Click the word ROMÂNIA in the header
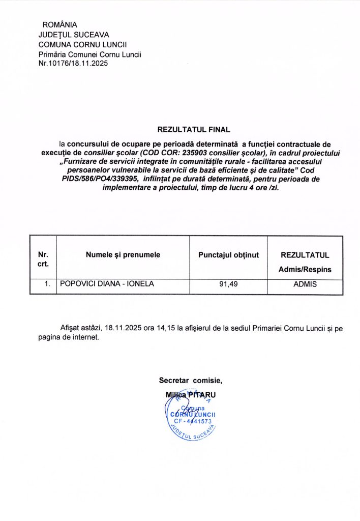[60, 24]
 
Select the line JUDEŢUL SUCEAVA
[74, 35]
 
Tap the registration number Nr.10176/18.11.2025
[73, 64]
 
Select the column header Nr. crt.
[43, 259]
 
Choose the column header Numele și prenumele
[123, 254]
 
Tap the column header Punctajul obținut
[228, 254]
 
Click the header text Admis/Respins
[305, 269]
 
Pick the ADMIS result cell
[305, 284]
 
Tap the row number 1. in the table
[47, 284]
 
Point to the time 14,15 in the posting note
[165, 329]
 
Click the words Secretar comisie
[190, 380]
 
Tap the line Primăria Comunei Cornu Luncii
[89, 54]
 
